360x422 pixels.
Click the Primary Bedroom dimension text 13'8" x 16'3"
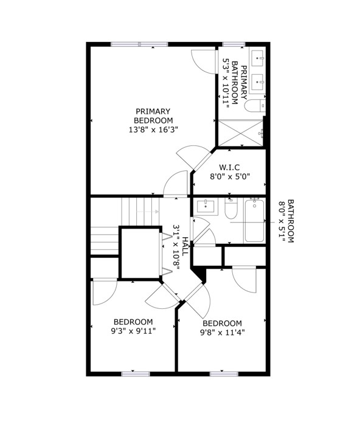[x=153, y=130]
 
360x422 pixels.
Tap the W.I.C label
[x=229, y=167]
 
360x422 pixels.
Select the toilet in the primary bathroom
[x=255, y=106]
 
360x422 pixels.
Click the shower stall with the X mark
[x=240, y=133]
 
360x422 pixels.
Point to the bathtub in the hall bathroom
[x=254, y=220]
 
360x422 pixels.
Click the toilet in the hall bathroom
[x=230, y=209]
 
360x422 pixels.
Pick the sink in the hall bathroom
[x=206, y=206]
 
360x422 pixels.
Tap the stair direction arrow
[x=148, y=212]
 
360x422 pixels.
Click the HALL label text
[x=185, y=246]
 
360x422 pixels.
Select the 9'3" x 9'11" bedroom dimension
[x=133, y=331]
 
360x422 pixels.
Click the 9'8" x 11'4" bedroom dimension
[x=222, y=333]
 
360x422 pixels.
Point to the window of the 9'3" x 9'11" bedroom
[x=136, y=374]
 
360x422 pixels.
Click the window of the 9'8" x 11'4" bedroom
[x=224, y=374]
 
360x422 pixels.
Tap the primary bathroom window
[x=234, y=44]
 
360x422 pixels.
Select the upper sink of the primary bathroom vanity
[x=258, y=58]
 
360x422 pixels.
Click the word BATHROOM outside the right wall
[x=291, y=221]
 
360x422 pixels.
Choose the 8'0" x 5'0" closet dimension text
[x=230, y=177]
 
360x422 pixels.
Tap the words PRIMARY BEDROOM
[x=153, y=116]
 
